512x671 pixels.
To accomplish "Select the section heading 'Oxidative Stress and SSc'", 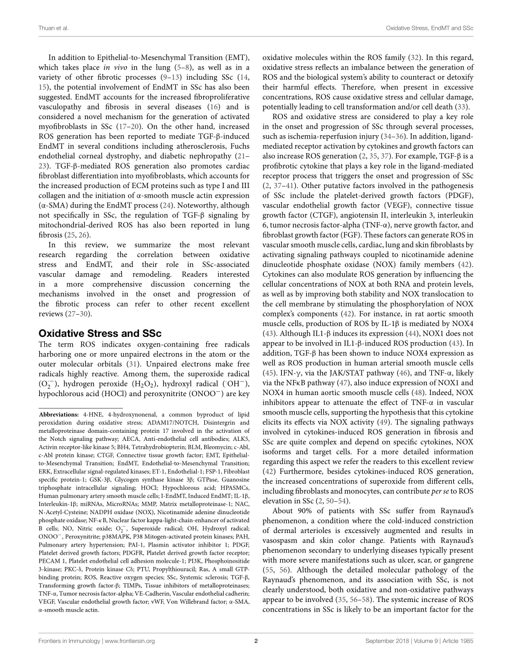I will (x=100, y=333).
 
